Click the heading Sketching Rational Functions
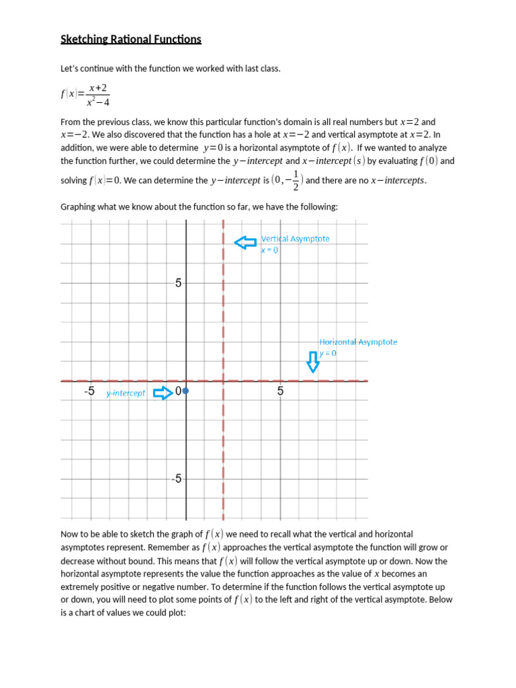[x=131, y=40]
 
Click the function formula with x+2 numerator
[x=85, y=95]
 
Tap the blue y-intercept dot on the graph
[x=186, y=390]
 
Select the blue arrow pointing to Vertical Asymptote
[x=245, y=243]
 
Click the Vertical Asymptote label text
[x=295, y=239]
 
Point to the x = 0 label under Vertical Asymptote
[x=269, y=250]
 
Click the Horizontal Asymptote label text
[x=358, y=342]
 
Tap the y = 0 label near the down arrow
[x=328, y=353]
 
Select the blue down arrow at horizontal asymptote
[x=313, y=361]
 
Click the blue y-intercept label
[x=126, y=393]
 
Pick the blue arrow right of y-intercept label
[x=163, y=393]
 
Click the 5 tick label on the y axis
[x=178, y=283]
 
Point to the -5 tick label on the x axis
[x=89, y=391]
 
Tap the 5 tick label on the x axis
[x=280, y=391]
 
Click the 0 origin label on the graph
[x=178, y=391]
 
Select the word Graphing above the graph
[x=79, y=207]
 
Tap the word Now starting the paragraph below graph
[x=71, y=534]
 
